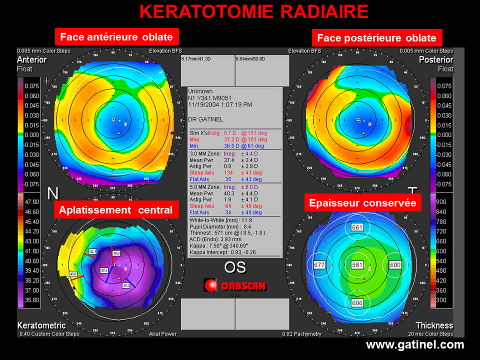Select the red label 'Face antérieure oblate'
[x=116, y=37]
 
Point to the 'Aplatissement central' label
[x=116, y=210]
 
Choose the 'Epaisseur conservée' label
[x=362, y=203]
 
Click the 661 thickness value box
[x=357, y=227]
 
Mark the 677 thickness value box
[x=319, y=264]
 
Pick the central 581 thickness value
[x=357, y=264]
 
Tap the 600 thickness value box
[x=395, y=264]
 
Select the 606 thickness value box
[x=357, y=303]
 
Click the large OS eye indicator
[x=234, y=267]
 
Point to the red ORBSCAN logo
[x=234, y=285]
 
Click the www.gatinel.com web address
[x=415, y=345]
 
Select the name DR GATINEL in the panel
[x=205, y=119]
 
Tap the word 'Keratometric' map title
[x=41, y=325]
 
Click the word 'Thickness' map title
[x=434, y=325]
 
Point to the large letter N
[x=53, y=193]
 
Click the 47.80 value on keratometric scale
[x=31, y=201]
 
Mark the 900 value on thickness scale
[x=441, y=201]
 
